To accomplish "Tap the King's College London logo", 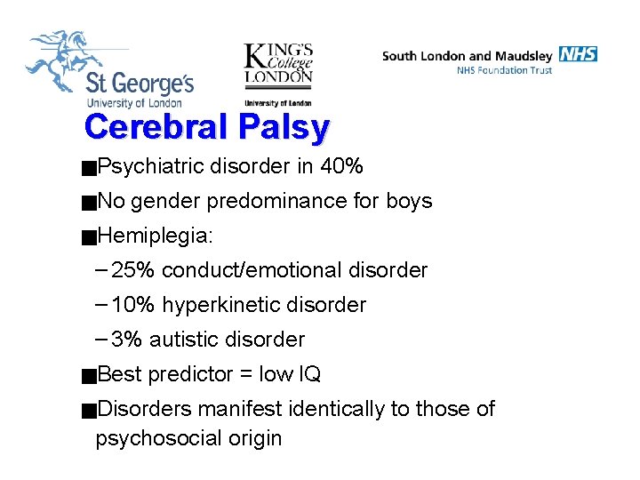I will click(278, 71).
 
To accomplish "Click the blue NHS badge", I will click(578, 54).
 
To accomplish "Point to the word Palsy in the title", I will click(284, 128).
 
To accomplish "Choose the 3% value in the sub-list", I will click(127, 340).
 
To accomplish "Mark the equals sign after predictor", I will click(244, 374).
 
